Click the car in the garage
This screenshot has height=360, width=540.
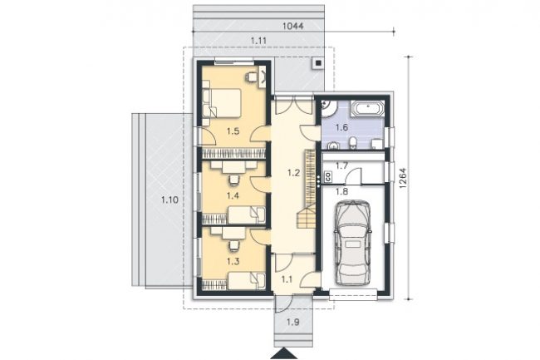click(352, 242)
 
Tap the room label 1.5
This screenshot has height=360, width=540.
click(233, 131)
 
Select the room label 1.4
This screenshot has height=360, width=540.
click(233, 195)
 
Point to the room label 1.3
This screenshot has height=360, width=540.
click(233, 261)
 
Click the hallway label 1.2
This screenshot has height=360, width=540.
click(294, 173)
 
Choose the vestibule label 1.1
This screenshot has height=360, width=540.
click(287, 279)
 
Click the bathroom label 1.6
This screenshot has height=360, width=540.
click(341, 127)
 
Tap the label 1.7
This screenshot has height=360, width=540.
click(341, 166)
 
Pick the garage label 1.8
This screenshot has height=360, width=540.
click(341, 191)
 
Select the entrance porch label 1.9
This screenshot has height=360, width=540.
click(292, 323)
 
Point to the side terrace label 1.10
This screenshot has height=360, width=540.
click(169, 200)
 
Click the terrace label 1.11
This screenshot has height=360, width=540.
click(258, 41)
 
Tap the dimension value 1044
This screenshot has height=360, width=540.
click(292, 26)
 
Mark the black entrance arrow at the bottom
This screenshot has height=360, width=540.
click(284, 354)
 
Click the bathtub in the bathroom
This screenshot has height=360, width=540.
click(367, 109)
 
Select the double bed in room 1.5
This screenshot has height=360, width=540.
click(222, 102)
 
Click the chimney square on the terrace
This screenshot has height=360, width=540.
click(318, 63)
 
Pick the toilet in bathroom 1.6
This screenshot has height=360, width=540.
click(352, 143)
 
